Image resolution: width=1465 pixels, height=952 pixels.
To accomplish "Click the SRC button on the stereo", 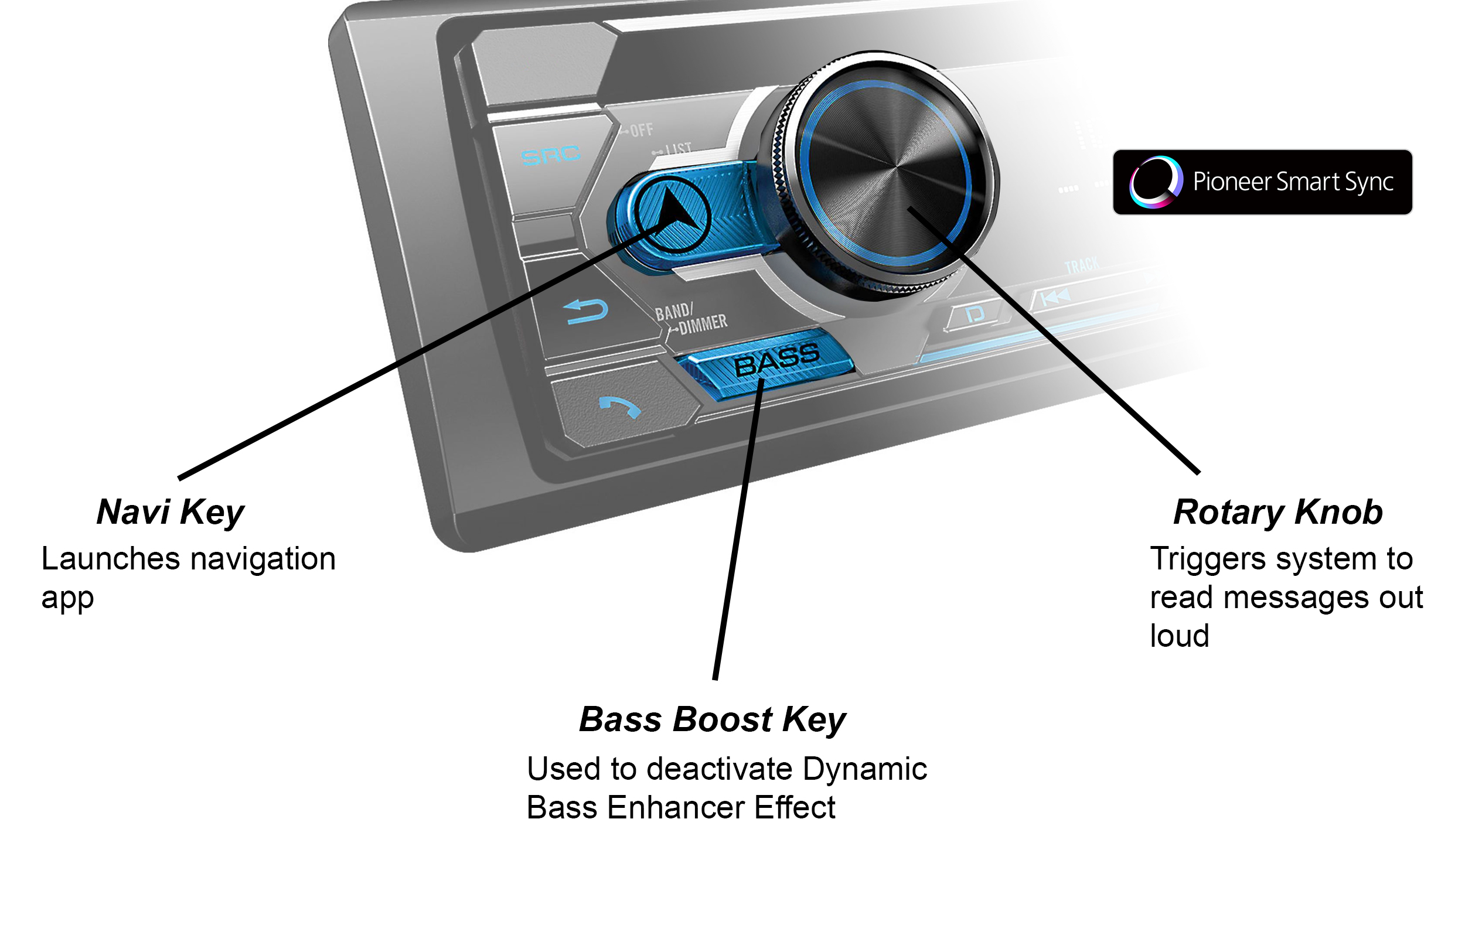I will tap(550, 155).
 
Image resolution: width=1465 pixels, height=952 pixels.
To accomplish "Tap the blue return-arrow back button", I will tap(587, 310).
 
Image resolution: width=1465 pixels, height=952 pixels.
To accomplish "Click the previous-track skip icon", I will tap(1055, 298).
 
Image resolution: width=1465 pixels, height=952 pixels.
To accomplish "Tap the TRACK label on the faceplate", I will tap(1082, 265).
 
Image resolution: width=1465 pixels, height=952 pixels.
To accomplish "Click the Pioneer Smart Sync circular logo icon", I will tap(1156, 182).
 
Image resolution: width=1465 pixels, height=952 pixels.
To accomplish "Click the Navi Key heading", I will tap(171, 512).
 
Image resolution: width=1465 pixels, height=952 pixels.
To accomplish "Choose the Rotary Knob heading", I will tap(1278, 512).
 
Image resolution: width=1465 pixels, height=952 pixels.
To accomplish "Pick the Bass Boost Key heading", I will tap(712, 719).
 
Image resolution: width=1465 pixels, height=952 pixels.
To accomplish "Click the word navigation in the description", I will tap(264, 559).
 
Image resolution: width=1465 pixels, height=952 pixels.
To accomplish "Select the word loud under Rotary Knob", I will tap(1180, 636).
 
